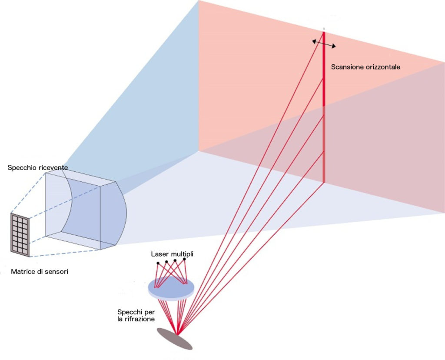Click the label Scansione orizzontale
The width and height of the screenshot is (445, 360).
(x=365, y=67)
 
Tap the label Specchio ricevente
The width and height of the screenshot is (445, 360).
(x=38, y=167)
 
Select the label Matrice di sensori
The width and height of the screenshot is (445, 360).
(x=40, y=272)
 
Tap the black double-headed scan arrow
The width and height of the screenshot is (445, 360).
(x=324, y=42)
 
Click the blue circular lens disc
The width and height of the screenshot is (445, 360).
(x=171, y=287)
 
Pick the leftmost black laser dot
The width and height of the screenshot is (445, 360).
(x=158, y=263)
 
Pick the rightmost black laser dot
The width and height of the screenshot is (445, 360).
(x=184, y=259)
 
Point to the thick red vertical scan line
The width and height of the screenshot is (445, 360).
(x=324, y=109)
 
